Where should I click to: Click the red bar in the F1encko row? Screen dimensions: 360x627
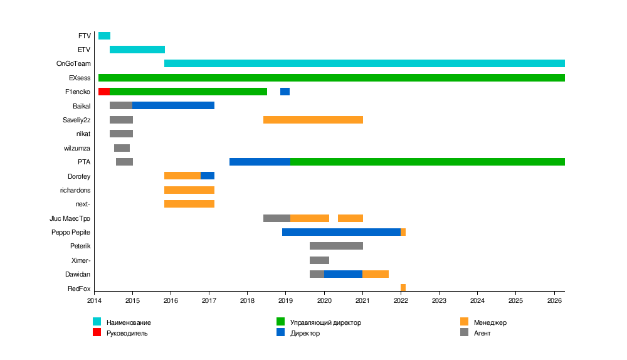tap(104, 92)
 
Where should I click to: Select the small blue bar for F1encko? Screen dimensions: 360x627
tap(285, 92)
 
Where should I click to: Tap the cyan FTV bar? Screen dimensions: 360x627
tap(104, 36)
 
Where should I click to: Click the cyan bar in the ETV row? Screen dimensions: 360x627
tap(137, 50)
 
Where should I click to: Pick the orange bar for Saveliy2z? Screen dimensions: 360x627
tap(313, 120)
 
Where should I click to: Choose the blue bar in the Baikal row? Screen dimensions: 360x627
tap(173, 105)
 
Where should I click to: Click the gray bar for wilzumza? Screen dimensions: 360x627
tap(122, 148)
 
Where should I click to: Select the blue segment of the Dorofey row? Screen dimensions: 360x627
tap(208, 176)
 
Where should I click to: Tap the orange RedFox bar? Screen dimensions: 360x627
tap(403, 288)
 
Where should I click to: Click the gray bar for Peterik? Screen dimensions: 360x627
tap(336, 246)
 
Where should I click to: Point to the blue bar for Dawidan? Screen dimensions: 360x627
tap(343, 274)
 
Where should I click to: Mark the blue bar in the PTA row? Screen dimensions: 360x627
tap(260, 162)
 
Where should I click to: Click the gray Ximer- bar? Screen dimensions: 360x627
tap(319, 260)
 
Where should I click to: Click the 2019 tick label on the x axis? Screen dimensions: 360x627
tap(286, 301)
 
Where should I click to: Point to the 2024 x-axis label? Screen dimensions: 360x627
tap(478, 301)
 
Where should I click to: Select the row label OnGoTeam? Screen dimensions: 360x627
tap(73, 64)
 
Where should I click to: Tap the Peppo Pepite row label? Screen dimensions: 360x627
tap(71, 232)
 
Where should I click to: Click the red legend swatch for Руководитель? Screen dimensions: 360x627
tap(97, 332)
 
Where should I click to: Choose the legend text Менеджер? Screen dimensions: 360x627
tap(490, 322)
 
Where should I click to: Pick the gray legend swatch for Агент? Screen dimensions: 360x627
tap(464, 332)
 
